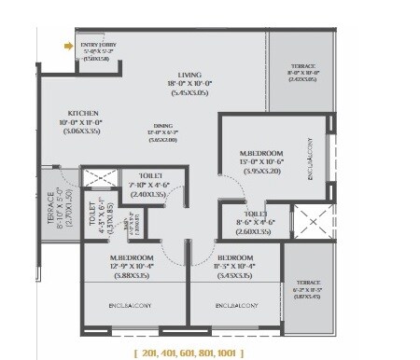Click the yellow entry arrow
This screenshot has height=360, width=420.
(x=68, y=43)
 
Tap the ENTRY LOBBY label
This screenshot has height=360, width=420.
(x=97, y=44)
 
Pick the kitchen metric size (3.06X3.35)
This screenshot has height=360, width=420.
(x=58, y=132)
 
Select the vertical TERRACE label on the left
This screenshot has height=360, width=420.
(x=51, y=215)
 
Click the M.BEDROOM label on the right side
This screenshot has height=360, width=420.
(x=245, y=146)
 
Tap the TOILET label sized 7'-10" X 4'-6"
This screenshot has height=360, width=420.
(x=151, y=174)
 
